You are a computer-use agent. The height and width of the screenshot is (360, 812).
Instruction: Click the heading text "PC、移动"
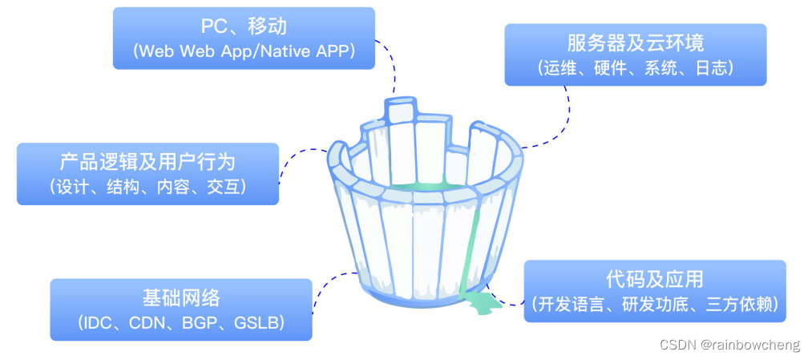click(244, 26)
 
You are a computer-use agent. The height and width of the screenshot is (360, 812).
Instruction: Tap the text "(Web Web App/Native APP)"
click(244, 51)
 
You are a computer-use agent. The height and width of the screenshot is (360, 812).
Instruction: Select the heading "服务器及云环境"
click(635, 42)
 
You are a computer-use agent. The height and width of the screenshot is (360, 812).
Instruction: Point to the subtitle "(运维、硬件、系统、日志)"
click(635, 68)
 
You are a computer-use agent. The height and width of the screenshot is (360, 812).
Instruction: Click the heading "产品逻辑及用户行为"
click(147, 162)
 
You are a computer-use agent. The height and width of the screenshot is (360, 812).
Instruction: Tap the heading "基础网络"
click(181, 298)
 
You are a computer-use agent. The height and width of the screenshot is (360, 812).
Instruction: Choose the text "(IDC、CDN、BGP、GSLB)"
click(181, 323)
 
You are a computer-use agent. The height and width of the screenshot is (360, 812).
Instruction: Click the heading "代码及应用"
click(654, 279)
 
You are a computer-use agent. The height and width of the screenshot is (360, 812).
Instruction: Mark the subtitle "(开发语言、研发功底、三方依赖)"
click(654, 305)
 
